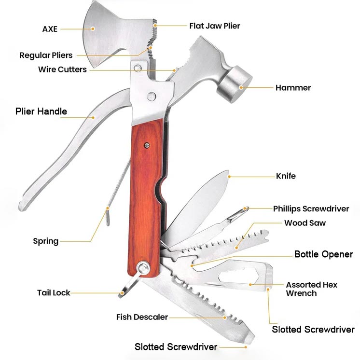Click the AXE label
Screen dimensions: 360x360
(50, 29)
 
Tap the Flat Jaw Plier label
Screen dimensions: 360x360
(214, 26)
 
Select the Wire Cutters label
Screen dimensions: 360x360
(62, 69)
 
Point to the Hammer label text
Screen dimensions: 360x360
(293, 88)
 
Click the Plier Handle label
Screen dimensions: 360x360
(41, 111)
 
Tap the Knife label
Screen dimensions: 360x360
(286, 176)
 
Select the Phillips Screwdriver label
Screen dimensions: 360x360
(311, 208)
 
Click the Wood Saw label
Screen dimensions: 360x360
(305, 223)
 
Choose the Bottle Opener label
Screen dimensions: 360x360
(323, 254)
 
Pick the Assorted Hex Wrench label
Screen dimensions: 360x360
(311, 289)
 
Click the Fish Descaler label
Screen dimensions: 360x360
(142, 317)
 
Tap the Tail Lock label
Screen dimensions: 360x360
(54, 292)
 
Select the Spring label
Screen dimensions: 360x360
(45, 241)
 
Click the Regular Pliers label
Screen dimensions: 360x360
(46, 55)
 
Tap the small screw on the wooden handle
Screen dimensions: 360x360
(147, 143)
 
